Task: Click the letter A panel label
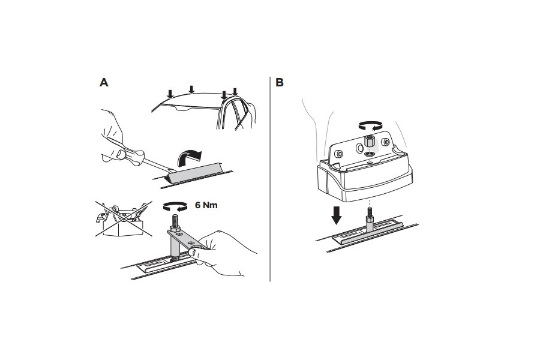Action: tap(104, 82)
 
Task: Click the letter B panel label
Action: tap(279, 82)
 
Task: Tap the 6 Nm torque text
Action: tap(206, 205)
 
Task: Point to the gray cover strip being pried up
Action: tap(194, 173)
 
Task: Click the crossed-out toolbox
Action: tap(124, 220)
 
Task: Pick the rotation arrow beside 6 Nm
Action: tap(175, 206)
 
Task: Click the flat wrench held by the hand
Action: tap(187, 239)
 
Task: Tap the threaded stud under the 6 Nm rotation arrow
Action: tap(175, 220)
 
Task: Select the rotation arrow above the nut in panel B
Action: tap(370, 125)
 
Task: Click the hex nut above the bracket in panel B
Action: tap(370, 141)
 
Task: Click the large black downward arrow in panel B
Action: tap(336, 215)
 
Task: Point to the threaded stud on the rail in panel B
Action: tap(370, 215)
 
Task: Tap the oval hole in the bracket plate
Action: tap(359, 148)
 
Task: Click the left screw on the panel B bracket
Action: tap(339, 154)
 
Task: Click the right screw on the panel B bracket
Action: tap(386, 141)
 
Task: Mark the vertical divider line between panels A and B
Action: tap(270, 179)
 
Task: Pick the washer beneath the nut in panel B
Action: tap(370, 153)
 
